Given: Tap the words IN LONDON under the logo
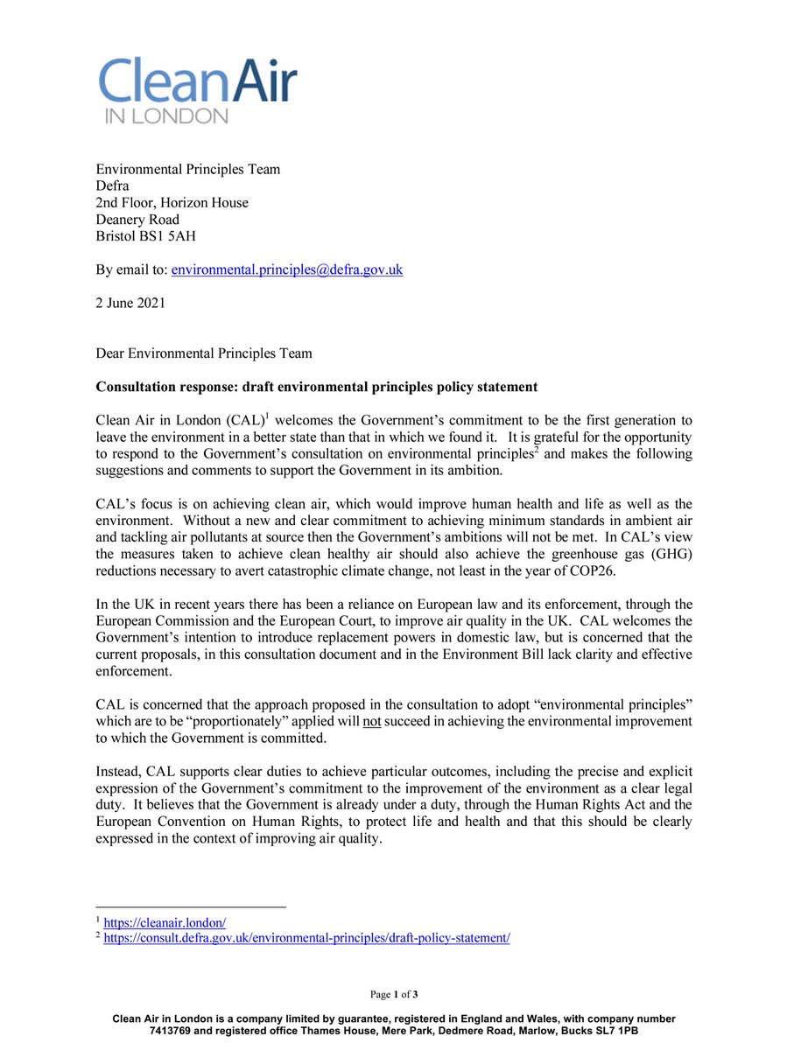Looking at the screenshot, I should pyautogui.click(x=164, y=116).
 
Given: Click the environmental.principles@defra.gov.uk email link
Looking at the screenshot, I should pyautogui.click(x=286, y=270).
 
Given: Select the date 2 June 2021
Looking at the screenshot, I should pyautogui.click(x=131, y=304).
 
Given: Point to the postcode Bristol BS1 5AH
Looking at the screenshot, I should pyautogui.click(x=148, y=236).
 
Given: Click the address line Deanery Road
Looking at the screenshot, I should pyautogui.click(x=137, y=220).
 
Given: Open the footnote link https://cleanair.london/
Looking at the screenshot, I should pyautogui.click(x=165, y=922).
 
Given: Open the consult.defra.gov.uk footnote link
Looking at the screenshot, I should pyautogui.click(x=306, y=938).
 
